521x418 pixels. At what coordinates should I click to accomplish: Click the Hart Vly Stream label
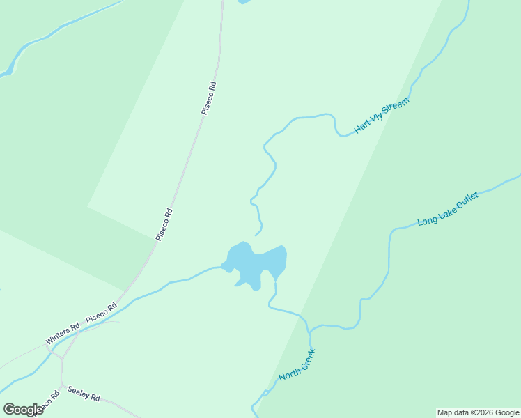pos(381,116)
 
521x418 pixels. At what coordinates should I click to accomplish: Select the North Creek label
pos(297,365)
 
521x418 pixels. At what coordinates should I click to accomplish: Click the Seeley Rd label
pos(84,394)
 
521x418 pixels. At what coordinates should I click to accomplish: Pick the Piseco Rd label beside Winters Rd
pos(101,313)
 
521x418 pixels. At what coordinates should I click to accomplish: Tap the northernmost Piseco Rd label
pos(209,98)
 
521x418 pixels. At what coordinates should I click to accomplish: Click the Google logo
pos(23,410)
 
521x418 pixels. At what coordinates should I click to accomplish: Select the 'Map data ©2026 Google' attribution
pos(479,412)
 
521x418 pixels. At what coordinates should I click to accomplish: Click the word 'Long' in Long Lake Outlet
pos(426,220)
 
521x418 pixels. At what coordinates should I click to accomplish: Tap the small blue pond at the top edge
pos(243,1)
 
